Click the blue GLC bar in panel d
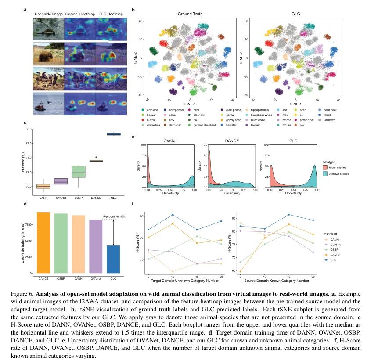click(x=114, y=259)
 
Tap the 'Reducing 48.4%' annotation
click(x=114, y=216)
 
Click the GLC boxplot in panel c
click(x=114, y=134)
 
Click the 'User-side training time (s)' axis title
click(x=23, y=243)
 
